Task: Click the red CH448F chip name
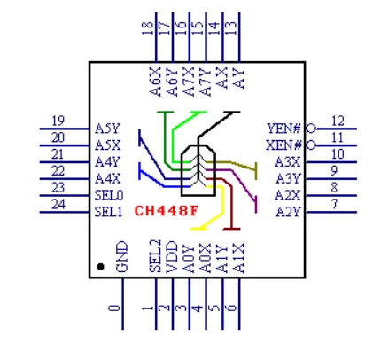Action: (167, 211)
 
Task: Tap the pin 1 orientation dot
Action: (100, 267)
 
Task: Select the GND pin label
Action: (122, 257)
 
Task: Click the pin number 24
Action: (58, 204)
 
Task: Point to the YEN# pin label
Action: (283, 129)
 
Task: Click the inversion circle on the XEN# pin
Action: (311, 145)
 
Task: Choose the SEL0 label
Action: (109, 195)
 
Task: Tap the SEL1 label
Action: (108, 212)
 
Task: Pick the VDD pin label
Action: (172, 257)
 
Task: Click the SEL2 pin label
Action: (155, 256)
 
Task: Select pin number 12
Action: (338, 121)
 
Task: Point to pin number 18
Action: (148, 28)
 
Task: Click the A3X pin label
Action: (288, 162)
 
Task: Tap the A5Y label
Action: (107, 129)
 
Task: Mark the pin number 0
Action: (114, 309)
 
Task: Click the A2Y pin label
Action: (289, 212)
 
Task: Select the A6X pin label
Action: (156, 82)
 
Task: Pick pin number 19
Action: (58, 121)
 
